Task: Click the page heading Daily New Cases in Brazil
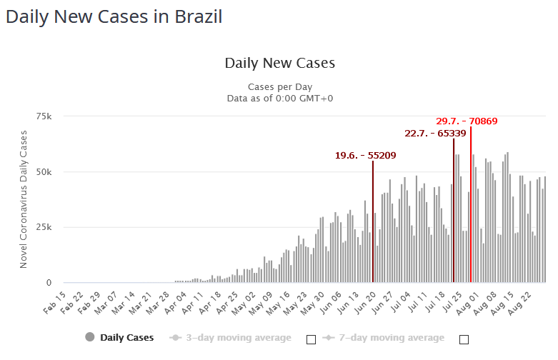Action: coord(114,16)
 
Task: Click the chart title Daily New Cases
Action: coord(279,63)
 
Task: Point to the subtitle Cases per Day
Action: coord(279,86)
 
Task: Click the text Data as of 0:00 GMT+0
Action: coord(279,98)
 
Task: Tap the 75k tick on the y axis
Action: coord(44,116)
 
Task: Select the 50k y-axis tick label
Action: coord(44,172)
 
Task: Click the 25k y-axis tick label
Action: coord(44,227)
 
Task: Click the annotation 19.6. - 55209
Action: coord(365,155)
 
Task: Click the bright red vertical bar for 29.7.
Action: coord(471,207)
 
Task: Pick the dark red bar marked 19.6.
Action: coord(373,221)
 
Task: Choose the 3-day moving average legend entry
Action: coord(230,337)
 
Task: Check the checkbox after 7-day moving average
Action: coord(464,339)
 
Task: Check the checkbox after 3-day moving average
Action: coord(311,339)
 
